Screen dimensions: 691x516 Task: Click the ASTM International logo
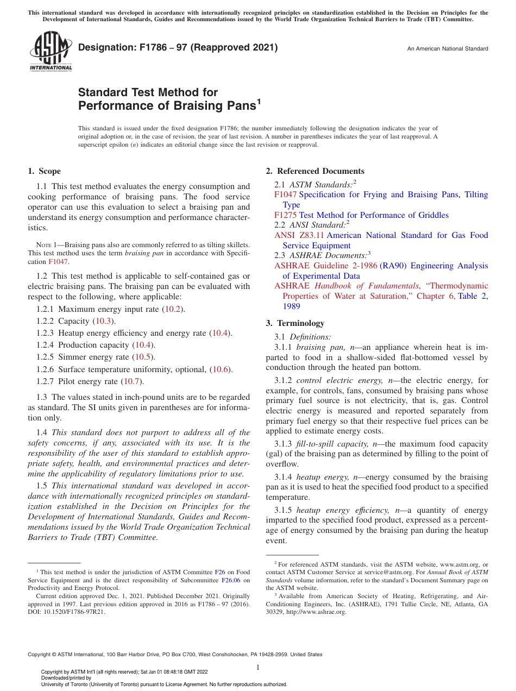(50, 51)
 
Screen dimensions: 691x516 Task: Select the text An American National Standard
(448, 49)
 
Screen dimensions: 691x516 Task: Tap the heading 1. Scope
(44, 171)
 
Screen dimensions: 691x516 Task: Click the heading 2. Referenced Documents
(315, 171)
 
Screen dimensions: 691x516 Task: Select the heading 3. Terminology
(295, 323)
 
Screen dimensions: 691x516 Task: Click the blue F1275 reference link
(285, 215)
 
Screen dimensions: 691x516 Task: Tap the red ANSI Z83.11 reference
(299, 235)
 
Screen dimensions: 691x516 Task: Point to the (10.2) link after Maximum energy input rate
(174, 309)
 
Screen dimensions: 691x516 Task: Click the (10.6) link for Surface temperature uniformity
(221, 369)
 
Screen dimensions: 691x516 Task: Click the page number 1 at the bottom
(258, 667)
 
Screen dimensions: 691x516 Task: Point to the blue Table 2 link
(473, 296)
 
